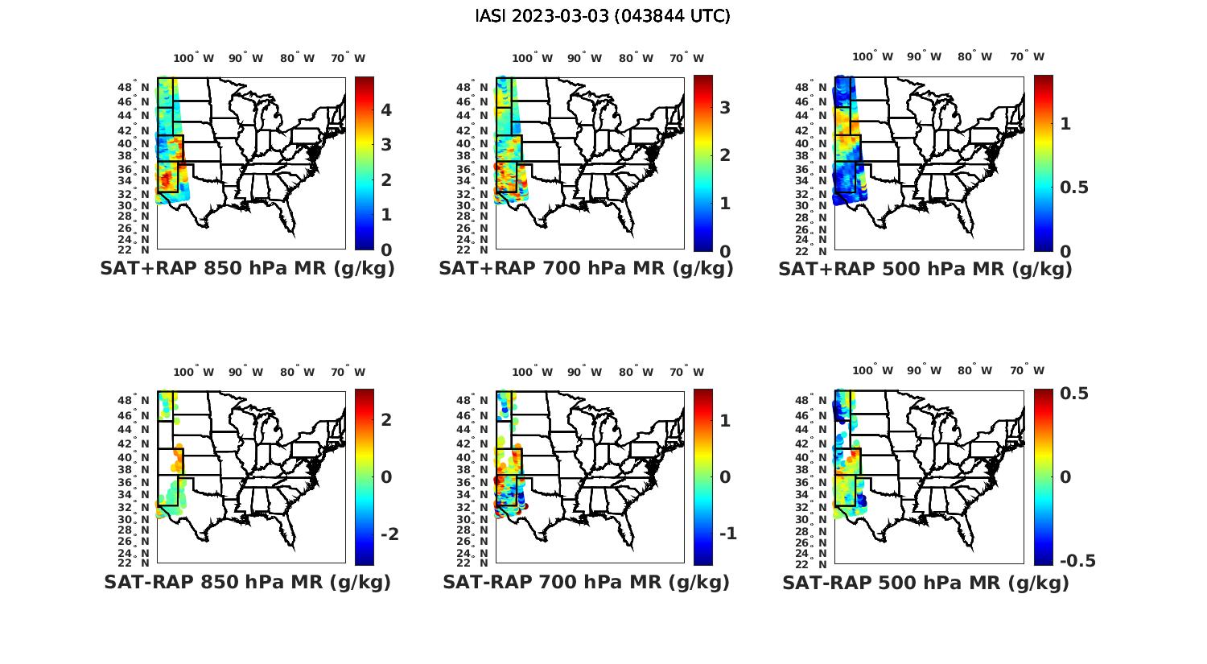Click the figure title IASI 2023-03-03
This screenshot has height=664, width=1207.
coord(603,16)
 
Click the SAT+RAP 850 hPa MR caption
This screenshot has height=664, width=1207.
coord(247,269)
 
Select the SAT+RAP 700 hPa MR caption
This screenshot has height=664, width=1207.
coord(586,269)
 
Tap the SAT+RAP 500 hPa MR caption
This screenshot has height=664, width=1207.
coord(925,269)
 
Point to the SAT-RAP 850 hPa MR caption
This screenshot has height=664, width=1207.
coord(247,582)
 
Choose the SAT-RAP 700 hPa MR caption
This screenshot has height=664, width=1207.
coord(586,582)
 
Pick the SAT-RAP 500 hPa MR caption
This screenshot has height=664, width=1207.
coord(925,582)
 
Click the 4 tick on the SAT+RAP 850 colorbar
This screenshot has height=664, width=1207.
coord(386,109)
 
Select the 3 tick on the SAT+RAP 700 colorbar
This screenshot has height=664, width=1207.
coord(725,107)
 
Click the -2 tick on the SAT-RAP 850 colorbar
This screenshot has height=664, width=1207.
coord(389,534)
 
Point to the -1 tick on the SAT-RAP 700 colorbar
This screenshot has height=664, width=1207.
coord(727,534)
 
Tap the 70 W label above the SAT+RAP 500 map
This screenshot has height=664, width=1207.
coord(1028,56)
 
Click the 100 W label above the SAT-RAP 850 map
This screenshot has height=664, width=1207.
coord(193,372)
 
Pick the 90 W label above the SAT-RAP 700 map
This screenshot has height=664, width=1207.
coord(584,372)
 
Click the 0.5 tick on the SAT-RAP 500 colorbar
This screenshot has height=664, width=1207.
coord(1074,394)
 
